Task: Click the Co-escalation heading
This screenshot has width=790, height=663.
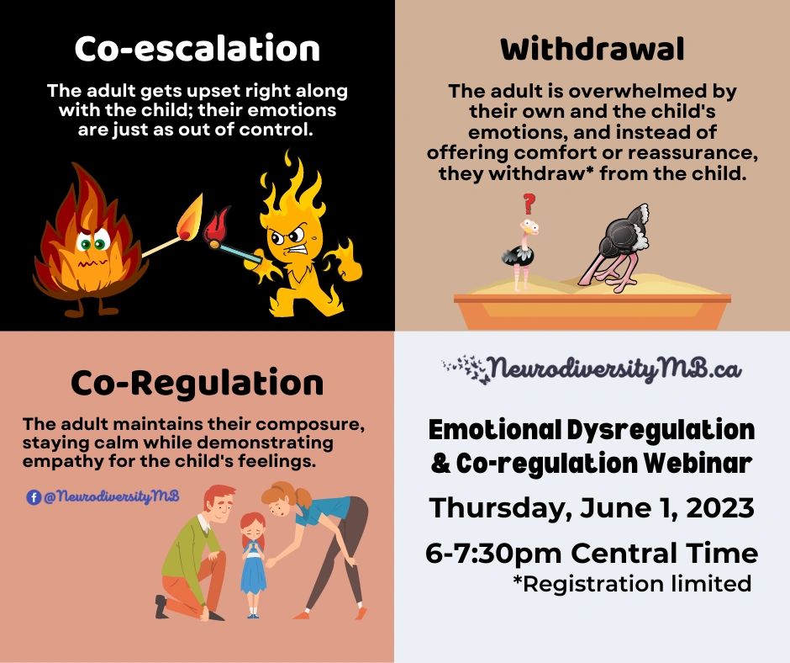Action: (197, 49)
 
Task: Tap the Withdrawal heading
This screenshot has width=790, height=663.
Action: (592, 50)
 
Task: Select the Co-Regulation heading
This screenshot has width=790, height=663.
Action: (197, 384)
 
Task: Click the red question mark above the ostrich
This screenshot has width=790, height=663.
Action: (529, 203)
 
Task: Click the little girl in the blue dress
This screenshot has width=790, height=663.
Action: (252, 564)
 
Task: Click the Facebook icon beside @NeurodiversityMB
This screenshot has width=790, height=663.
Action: (34, 497)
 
